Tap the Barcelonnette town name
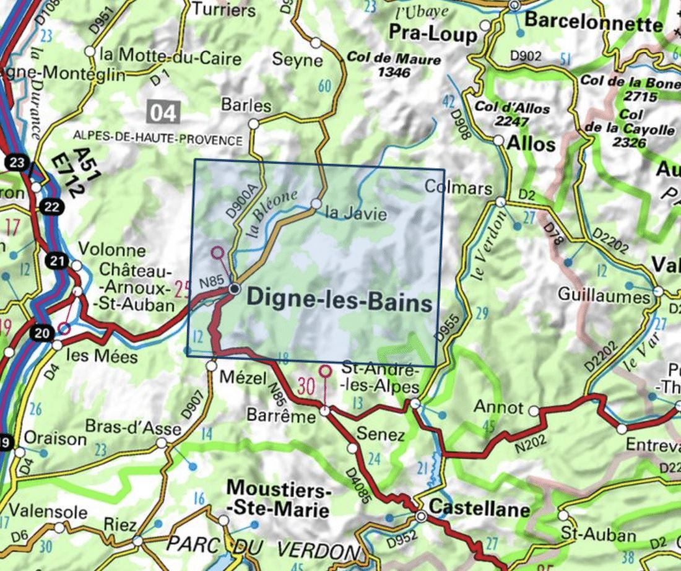(x=593, y=24)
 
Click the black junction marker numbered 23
(x=18, y=163)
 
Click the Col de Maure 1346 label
(x=394, y=65)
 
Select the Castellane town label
(x=479, y=510)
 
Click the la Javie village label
(x=356, y=214)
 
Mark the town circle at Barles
(x=253, y=124)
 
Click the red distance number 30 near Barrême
(x=306, y=385)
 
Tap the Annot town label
(x=498, y=408)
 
